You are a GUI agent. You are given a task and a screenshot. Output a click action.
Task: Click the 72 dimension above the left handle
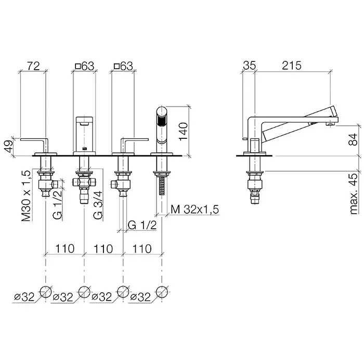pos(33,66)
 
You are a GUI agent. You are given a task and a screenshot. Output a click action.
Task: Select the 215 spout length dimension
pos(292,66)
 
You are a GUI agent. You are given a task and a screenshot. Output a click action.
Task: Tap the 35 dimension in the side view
pos(249,66)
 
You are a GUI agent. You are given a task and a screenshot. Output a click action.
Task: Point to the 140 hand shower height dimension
pos(183,132)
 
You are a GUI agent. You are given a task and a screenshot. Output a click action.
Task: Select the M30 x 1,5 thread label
pos(26,196)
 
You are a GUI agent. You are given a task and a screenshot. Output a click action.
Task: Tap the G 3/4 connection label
pos(98,205)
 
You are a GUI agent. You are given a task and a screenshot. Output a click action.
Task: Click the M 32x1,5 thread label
pos(195,210)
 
